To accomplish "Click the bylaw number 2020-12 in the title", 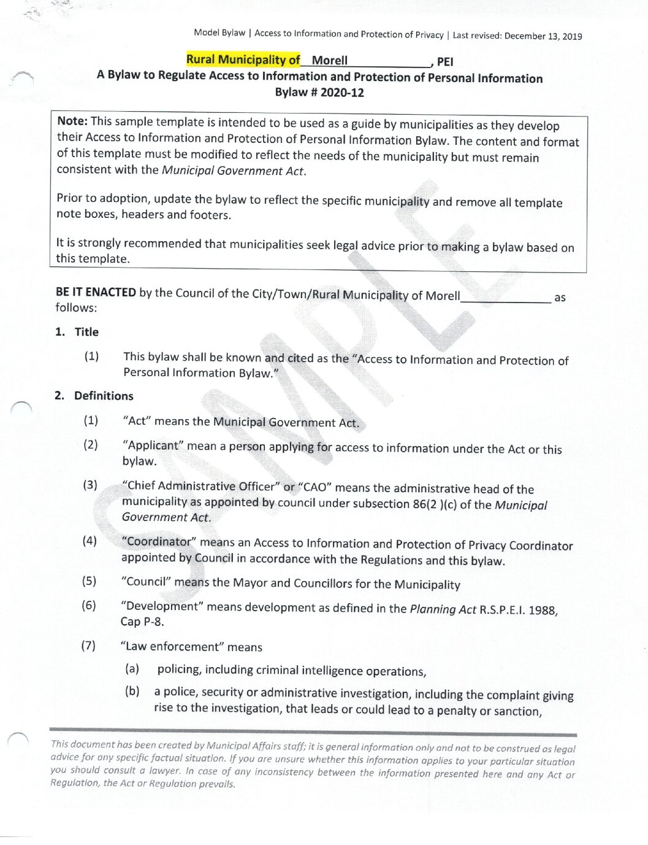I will [x=341, y=93].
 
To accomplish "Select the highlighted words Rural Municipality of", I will [x=243, y=60].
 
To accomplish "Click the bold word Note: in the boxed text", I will [x=72, y=121].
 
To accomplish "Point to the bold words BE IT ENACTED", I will [x=96, y=292].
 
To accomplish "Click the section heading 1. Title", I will [x=77, y=332].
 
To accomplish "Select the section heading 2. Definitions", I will [x=94, y=396].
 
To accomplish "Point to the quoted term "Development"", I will [x=162, y=606].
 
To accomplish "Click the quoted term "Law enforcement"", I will [x=172, y=647].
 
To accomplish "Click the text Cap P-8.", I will [x=142, y=622].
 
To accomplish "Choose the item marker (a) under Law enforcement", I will [x=132, y=668].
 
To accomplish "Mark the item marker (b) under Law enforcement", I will [x=132, y=691].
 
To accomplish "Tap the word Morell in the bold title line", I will [x=329, y=60].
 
